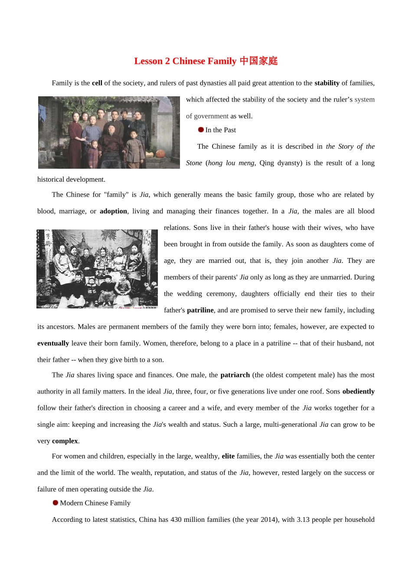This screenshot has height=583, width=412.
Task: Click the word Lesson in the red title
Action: pyautogui.click(x=148, y=61)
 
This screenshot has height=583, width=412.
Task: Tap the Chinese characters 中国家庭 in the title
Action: pyautogui.click(x=258, y=61)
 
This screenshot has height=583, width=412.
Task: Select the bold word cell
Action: pyautogui.click(x=97, y=83)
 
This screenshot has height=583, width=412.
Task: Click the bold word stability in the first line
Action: pyautogui.click(x=327, y=83)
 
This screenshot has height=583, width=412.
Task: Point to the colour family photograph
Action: pyautogui.click(x=109, y=132)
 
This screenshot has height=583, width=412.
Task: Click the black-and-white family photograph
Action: pyautogui.click(x=97, y=269)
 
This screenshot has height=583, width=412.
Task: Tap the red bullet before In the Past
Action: pyautogui.click(x=201, y=130)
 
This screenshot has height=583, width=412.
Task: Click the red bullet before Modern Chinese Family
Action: pyautogui.click(x=56, y=503)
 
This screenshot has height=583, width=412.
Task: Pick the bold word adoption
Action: pyautogui.click(x=113, y=211)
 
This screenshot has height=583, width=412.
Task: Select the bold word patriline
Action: pyautogui.click(x=200, y=310)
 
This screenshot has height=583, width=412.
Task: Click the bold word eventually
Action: pyautogui.click(x=53, y=343)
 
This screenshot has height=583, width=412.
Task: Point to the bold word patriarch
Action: pyautogui.click(x=235, y=375)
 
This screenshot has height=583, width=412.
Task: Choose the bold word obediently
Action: pyautogui.click(x=358, y=391)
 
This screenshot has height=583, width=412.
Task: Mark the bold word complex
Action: pyautogui.click(x=65, y=441)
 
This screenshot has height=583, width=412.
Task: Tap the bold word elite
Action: pyautogui.click(x=228, y=456)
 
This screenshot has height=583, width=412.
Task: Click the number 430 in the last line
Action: pyautogui.click(x=176, y=519)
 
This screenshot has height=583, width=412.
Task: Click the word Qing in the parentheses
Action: pyautogui.click(x=267, y=163)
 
